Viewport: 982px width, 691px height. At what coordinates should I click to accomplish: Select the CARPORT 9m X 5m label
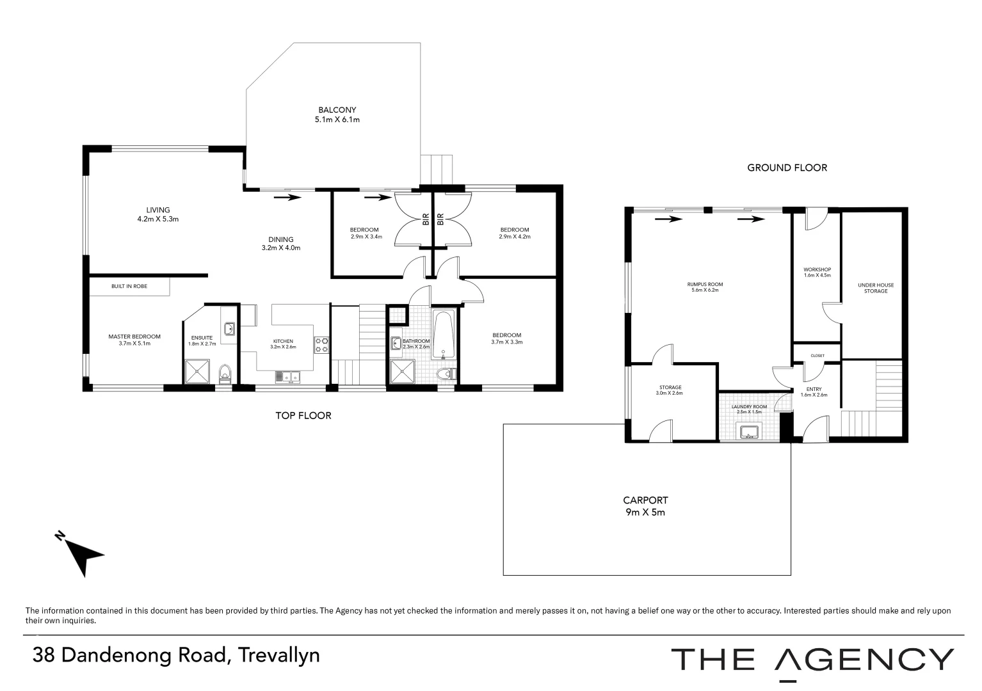(x=645, y=505)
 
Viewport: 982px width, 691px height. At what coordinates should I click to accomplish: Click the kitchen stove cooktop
(x=321, y=345)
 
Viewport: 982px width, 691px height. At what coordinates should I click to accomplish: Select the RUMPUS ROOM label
(x=705, y=287)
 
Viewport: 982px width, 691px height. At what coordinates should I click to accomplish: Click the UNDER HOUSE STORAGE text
(x=876, y=288)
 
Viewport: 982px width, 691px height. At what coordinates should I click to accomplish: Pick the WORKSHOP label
(x=817, y=272)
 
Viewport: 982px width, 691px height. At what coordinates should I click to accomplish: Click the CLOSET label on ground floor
(x=817, y=356)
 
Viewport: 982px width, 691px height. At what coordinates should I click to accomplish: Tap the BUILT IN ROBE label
(x=129, y=286)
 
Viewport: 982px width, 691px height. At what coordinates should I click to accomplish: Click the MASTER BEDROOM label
(x=134, y=339)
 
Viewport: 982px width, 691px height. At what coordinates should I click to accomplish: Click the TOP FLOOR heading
(x=303, y=415)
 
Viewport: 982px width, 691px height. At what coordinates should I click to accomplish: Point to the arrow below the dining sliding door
(x=287, y=198)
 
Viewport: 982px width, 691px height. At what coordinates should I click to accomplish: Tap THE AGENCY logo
(x=812, y=660)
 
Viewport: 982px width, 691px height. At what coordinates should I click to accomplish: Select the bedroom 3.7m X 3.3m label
(x=506, y=338)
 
